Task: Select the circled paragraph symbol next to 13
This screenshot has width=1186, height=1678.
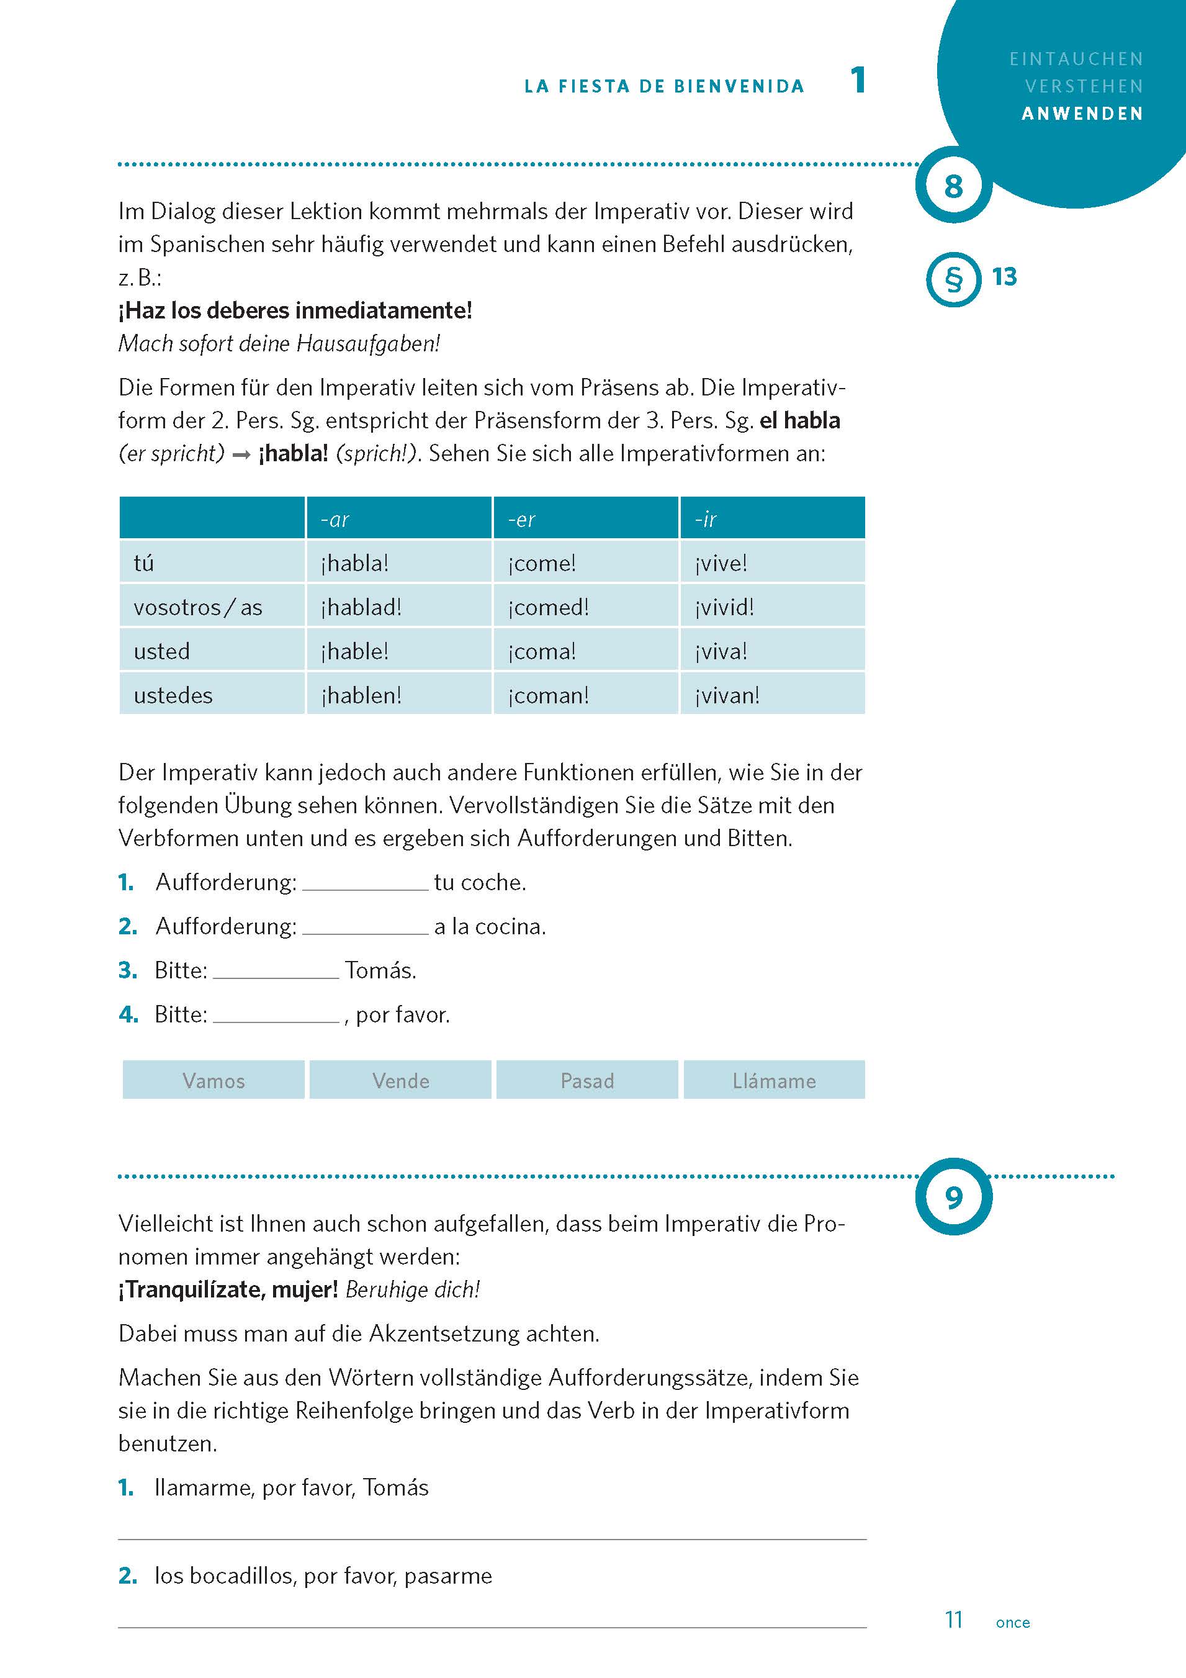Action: pos(953,279)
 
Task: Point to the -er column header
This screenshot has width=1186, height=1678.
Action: pos(522,519)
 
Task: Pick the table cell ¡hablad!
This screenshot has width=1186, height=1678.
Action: pos(361,607)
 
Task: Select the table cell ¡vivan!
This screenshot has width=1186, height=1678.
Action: pos(727,694)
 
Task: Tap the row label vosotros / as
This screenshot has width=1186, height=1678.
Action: pos(197,607)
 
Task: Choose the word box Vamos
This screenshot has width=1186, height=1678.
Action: pos(213,1080)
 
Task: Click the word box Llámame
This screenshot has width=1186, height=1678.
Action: pos(774,1080)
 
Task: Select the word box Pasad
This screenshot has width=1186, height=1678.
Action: pos(586,1080)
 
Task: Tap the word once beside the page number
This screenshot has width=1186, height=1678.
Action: pos(1012,1623)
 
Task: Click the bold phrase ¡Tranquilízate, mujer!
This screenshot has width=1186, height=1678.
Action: pos(228,1289)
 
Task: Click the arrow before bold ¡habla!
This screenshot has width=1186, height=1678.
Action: pos(241,454)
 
